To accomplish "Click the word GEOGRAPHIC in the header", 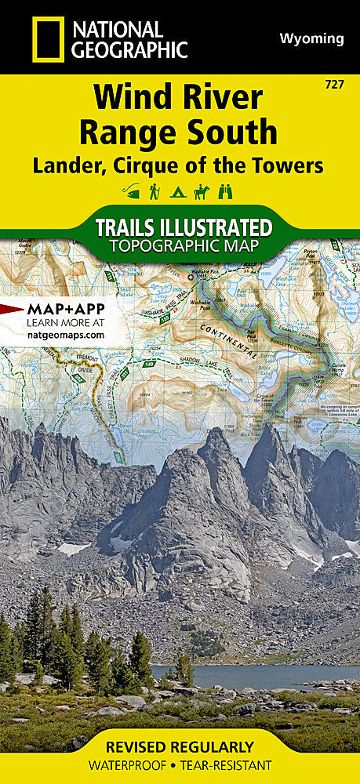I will [x=129, y=50].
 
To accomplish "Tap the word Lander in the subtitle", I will [x=66, y=165].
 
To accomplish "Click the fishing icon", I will [x=131, y=191].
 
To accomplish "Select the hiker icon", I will [x=155, y=191].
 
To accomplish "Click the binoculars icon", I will [x=227, y=191].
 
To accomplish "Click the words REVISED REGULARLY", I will [x=180, y=747].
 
